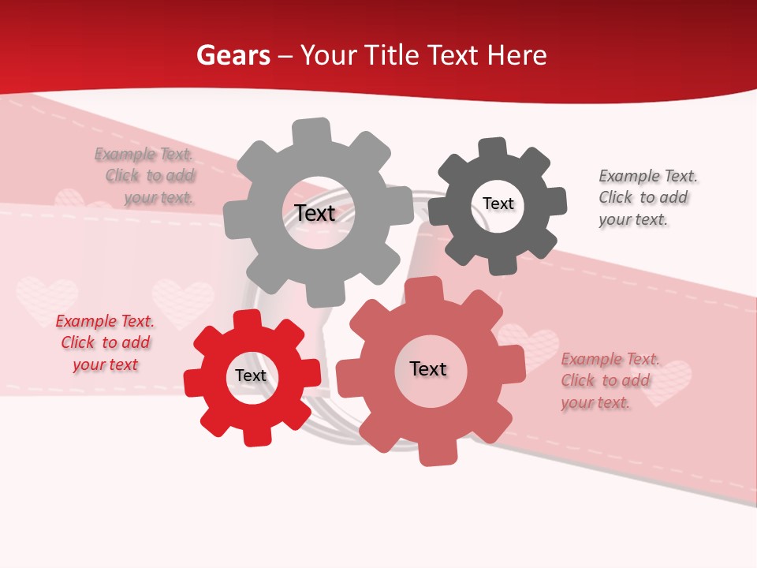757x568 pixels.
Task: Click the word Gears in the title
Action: click(233, 55)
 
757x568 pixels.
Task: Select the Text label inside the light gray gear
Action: click(315, 213)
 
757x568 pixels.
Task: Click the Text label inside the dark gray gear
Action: click(498, 204)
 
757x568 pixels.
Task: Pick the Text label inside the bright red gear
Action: click(251, 376)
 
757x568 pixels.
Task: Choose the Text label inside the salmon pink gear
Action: click(428, 369)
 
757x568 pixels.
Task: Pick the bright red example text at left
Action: click(105, 343)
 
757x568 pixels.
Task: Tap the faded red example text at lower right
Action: click(606, 381)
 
